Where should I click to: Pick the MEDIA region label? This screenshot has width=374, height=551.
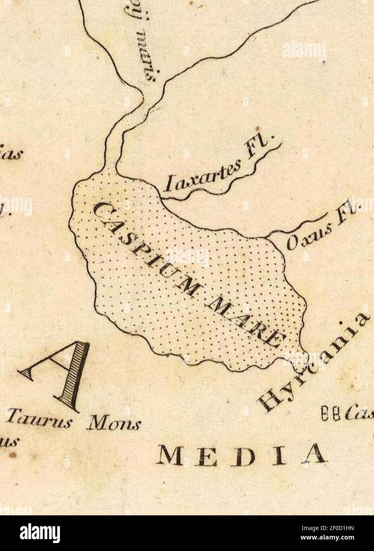click(x=242, y=454)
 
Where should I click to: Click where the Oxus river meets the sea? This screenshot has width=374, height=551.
click(x=265, y=238)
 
